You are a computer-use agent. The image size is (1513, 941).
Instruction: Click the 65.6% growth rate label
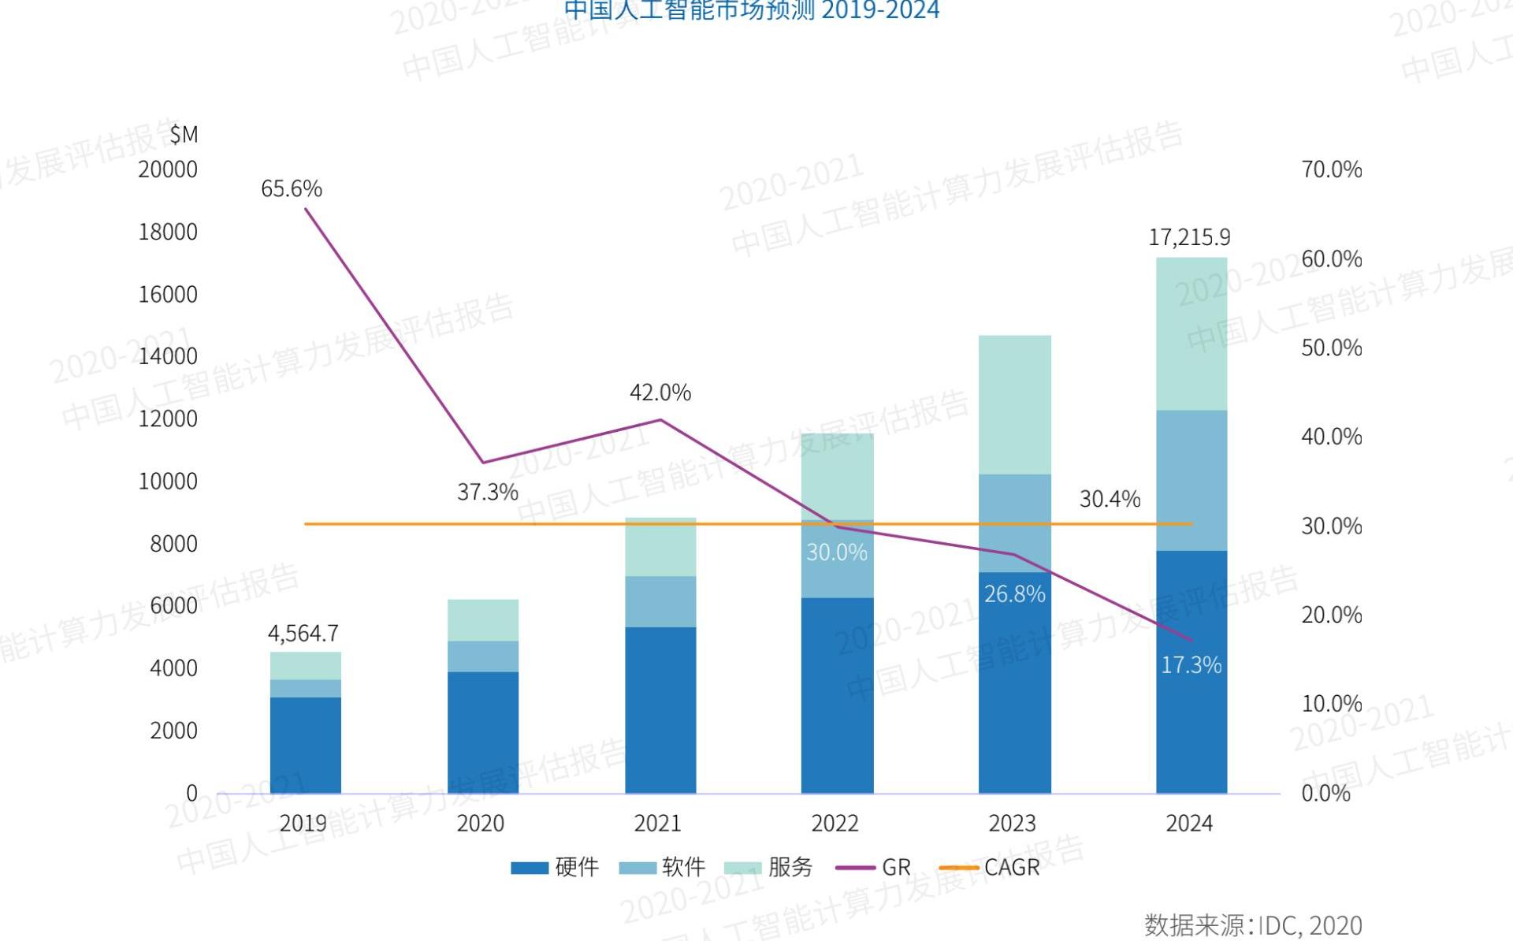tap(292, 189)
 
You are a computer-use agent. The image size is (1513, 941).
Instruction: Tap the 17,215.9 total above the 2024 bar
tap(1189, 237)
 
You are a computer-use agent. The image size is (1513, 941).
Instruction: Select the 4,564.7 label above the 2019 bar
tap(303, 634)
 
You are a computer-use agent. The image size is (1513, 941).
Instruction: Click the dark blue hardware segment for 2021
tap(660, 709)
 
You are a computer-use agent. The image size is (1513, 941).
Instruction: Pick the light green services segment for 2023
tap(1014, 404)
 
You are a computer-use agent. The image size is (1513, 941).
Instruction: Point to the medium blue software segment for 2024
tap(1191, 480)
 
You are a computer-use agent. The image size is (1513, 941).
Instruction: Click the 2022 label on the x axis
tap(835, 824)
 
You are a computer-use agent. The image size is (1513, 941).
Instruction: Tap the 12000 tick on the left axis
tap(168, 418)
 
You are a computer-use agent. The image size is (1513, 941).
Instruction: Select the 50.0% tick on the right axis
tap(1331, 348)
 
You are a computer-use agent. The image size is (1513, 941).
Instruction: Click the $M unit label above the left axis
tap(184, 135)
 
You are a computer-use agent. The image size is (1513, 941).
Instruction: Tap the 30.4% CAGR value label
tap(1110, 499)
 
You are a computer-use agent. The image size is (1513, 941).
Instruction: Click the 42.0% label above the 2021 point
tap(660, 392)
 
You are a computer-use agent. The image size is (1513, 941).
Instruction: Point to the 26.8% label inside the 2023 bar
tap(1014, 594)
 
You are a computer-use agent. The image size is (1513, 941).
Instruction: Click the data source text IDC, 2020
tap(1253, 925)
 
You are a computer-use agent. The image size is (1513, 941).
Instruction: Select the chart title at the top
tap(752, 10)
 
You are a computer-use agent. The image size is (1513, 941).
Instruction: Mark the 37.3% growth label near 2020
tap(488, 493)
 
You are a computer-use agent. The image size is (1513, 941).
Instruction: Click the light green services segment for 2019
tap(306, 666)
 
